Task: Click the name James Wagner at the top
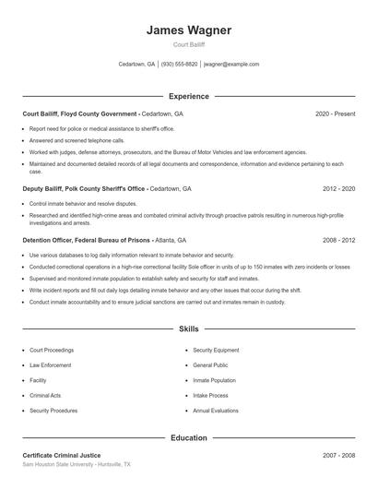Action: pos(188,30)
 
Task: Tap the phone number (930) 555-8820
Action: pos(180,65)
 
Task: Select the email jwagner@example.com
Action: pos(231,65)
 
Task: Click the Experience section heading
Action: pos(188,96)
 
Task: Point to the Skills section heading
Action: pos(188,328)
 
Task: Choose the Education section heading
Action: pos(188,438)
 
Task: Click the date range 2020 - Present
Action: pos(335,113)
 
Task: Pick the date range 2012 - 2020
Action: pos(338,188)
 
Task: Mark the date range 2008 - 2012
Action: pos(338,240)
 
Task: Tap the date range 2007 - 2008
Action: pos(338,456)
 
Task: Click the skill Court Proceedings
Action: pos(53,351)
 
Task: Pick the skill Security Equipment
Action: pos(216,351)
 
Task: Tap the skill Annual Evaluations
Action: pos(216,410)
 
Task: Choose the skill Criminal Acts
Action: pos(45,395)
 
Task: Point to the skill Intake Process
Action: pos(211,395)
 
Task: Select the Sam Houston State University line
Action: pos(77,465)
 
